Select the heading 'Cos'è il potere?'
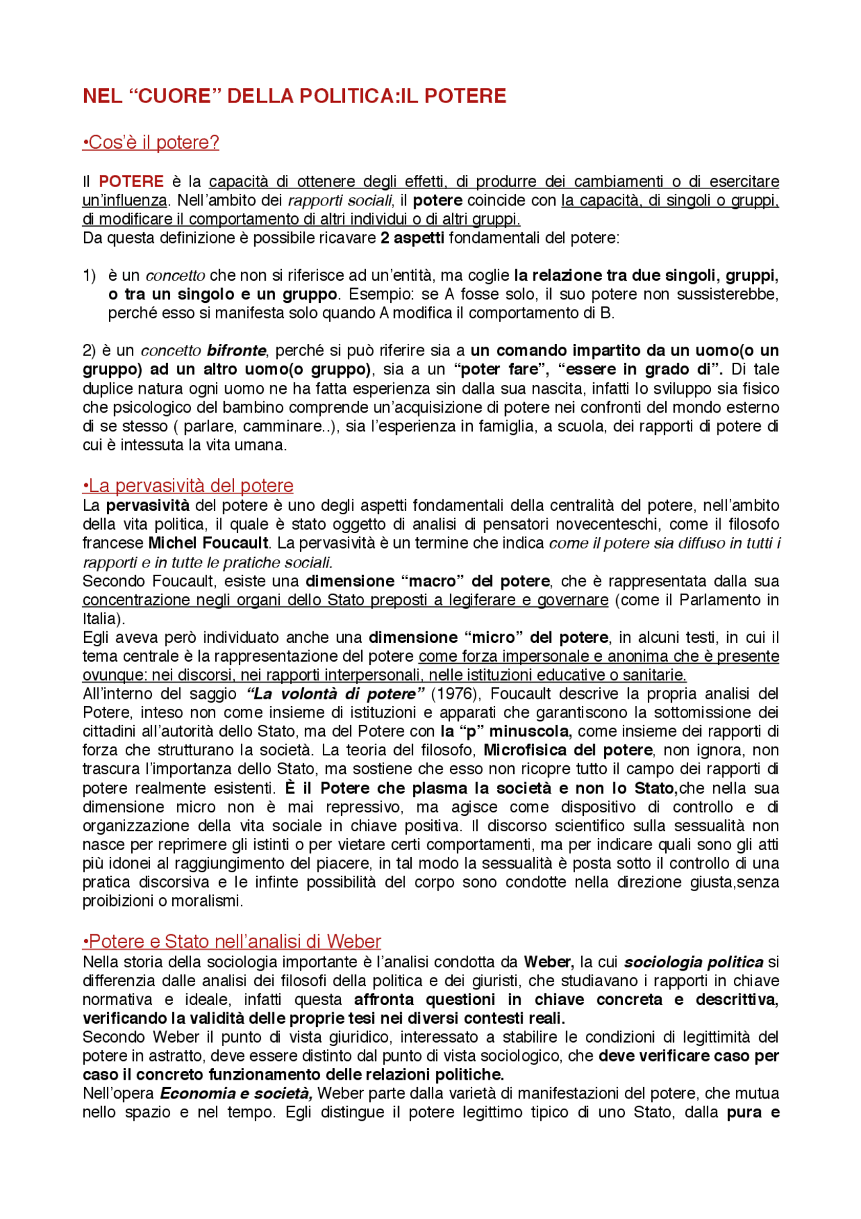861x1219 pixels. tap(151, 143)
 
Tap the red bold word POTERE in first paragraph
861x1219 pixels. tap(131, 182)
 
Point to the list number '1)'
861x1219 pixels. tap(89, 276)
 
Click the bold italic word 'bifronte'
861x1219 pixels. tap(236, 351)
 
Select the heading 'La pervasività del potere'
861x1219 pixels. tap(188, 486)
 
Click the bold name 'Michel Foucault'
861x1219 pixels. tap(209, 543)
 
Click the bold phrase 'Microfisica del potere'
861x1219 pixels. tap(568, 751)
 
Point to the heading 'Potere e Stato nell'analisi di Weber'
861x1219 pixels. tap(231, 942)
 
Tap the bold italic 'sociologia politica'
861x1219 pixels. tap(694, 963)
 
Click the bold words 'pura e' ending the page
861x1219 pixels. tap(753, 1113)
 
